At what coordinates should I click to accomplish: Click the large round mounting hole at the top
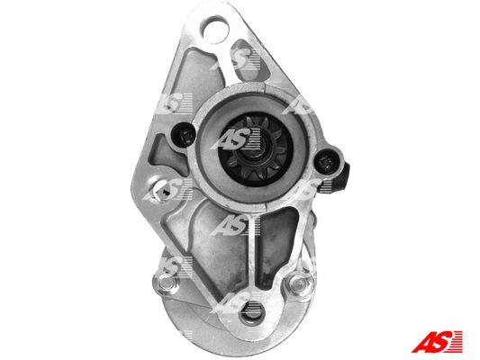[214, 30]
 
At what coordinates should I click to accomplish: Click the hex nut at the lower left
[165, 282]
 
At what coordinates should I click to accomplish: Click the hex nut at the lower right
[299, 284]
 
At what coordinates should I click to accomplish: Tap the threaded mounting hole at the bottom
[252, 312]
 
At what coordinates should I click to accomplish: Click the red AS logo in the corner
[437, 342]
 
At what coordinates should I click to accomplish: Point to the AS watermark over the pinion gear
[236, 139]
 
